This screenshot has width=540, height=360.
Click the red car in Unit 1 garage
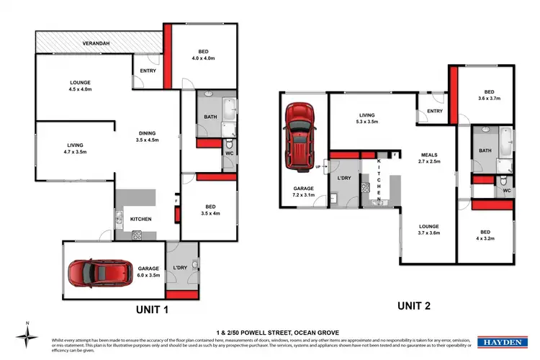coord(91,274)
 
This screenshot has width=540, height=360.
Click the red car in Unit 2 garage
coord(299,135)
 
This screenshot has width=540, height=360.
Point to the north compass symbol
coord(27,337)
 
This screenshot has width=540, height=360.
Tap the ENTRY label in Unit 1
coord(148,70)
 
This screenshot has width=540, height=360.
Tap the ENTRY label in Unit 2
coord(434,111)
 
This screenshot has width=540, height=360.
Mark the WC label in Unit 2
coord(507,191)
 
